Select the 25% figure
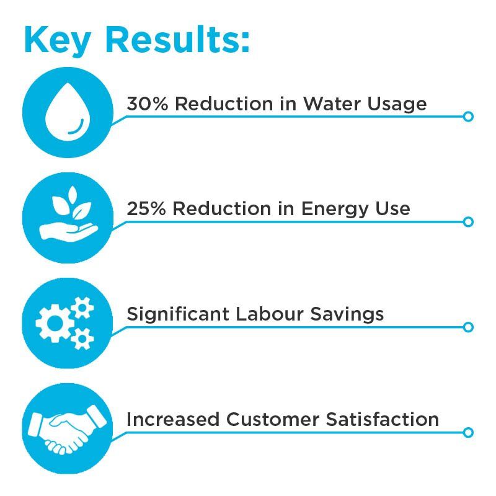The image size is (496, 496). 146,209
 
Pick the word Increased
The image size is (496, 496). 173,420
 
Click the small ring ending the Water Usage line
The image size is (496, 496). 468,117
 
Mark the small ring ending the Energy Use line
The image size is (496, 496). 468,222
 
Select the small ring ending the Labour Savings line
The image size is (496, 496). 468,327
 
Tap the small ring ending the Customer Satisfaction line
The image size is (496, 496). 468,433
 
